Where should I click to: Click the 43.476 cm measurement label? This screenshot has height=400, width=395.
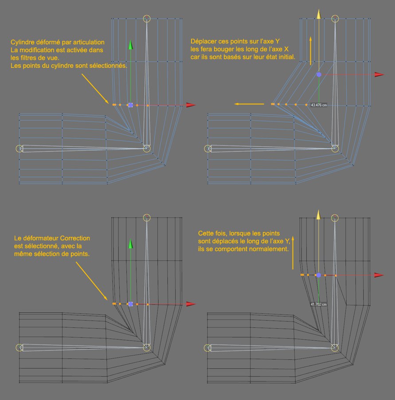click(x=318, y=105)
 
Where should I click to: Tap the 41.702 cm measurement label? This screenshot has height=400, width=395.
click(x=318, y=304)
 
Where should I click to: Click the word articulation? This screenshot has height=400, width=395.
click(x=88, y=43)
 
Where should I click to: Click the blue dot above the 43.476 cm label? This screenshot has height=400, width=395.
click(x=318, y=75)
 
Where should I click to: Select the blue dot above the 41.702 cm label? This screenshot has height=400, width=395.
click(x=318, y=275)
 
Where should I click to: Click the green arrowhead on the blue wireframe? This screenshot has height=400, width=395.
click(x=131, y=45)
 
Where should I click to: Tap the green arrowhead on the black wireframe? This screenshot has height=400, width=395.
click(x=131, y=244)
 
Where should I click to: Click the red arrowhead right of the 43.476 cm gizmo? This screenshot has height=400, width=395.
click(x=378, y=75)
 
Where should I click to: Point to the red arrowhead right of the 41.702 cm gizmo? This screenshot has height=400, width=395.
click(x=378, y=275)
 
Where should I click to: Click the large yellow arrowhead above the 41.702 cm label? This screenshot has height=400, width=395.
click(x=318, y=215)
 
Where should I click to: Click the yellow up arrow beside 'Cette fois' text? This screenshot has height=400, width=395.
click(x=293, y=253)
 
